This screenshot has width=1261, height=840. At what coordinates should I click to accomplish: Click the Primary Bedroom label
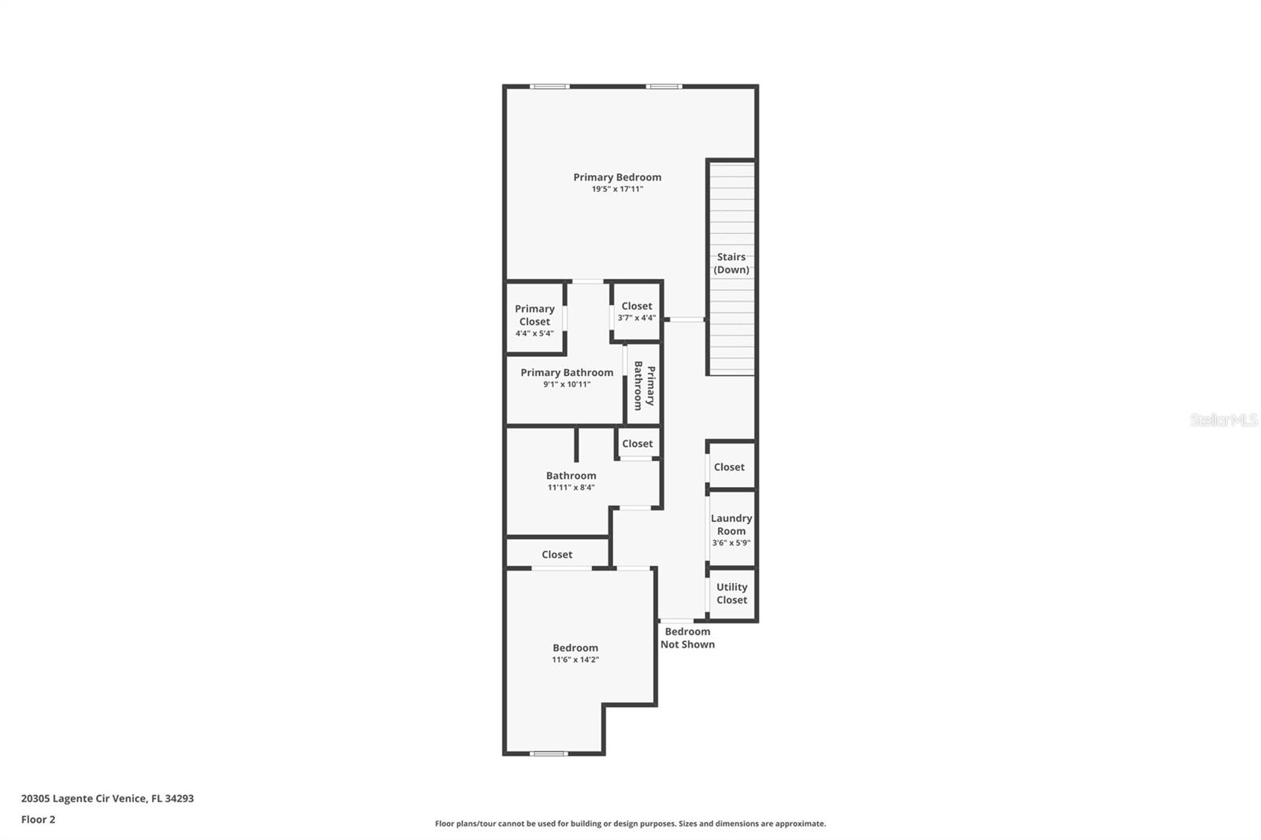click(617, 177)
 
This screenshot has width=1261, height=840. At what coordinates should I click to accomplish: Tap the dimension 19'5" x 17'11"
click(617, 189)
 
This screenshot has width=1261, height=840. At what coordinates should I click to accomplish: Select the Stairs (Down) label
click(731, 263)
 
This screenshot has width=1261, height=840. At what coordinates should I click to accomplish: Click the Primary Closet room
click(535, 318)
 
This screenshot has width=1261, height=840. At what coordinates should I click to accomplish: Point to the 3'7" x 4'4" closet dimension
click(637, 318)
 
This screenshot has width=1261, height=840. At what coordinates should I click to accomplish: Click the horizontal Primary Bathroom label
click(567, 372)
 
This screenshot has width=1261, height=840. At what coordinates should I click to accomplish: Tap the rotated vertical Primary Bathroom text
click(644, 385)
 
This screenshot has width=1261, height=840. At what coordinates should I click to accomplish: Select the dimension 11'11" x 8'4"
click(571, 488)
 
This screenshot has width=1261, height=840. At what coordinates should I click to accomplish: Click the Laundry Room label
click(731, 524)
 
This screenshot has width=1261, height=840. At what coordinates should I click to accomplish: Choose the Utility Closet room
click(732, 593)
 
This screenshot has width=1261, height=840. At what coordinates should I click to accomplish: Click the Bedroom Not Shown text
click(687, 638)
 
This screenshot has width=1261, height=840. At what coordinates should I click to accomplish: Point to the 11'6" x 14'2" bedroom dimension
click(575, 660)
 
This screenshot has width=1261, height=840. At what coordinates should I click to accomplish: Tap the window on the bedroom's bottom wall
click(549, 753)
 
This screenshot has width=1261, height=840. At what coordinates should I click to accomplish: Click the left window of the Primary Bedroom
click(549, 87)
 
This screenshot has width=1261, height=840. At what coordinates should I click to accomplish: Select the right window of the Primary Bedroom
click(664, 87)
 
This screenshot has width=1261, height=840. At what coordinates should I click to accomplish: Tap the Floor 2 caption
click(39, 820)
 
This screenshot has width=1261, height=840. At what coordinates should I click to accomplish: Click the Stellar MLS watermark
click(1224, 419)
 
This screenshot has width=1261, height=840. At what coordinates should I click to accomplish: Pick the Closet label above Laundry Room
click(729, 466)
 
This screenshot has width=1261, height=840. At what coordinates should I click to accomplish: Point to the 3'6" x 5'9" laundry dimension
click(731, 543)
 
